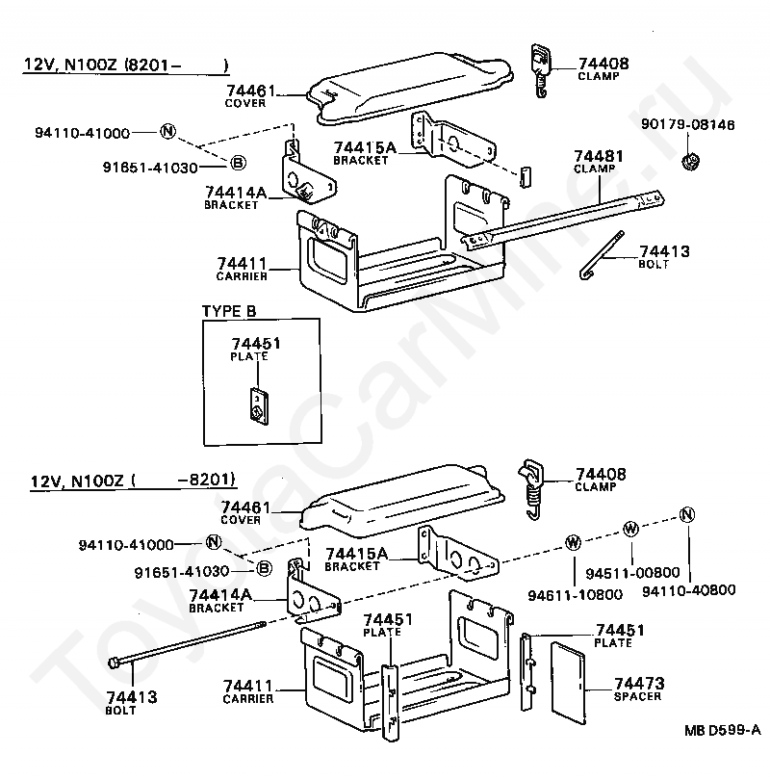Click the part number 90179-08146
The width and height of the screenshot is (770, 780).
coord(687,124)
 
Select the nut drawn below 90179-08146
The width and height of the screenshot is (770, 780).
coord(690,159)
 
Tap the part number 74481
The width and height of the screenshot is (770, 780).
coord(599,154)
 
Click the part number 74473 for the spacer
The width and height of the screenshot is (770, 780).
coord(639,683)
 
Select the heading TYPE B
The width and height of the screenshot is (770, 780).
coord(229,311)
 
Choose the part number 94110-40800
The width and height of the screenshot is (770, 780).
coord(688,589)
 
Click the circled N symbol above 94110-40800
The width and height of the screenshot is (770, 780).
coord(686,513)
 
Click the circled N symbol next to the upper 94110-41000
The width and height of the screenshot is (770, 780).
coord(167,132)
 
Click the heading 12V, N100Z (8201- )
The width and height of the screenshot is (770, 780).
coord(126,65)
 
